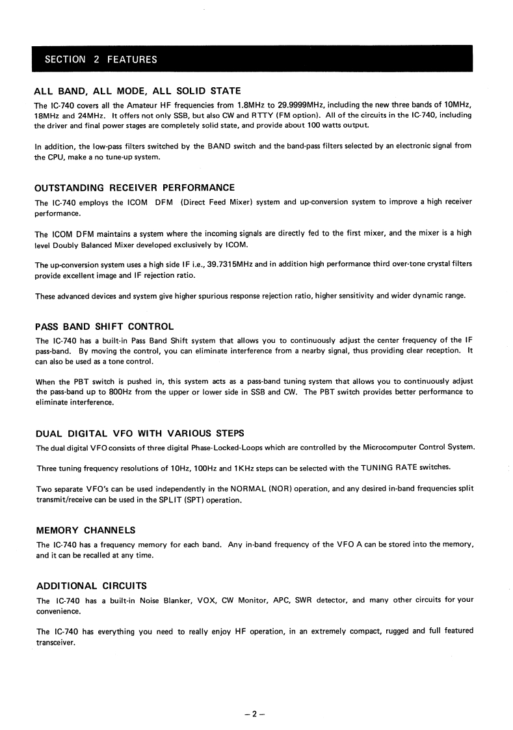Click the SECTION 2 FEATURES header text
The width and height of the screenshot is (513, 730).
101,60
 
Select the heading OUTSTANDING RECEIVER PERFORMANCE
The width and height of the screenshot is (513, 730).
135,188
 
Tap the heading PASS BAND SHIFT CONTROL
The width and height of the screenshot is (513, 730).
104,326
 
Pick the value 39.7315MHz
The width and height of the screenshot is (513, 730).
232,265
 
